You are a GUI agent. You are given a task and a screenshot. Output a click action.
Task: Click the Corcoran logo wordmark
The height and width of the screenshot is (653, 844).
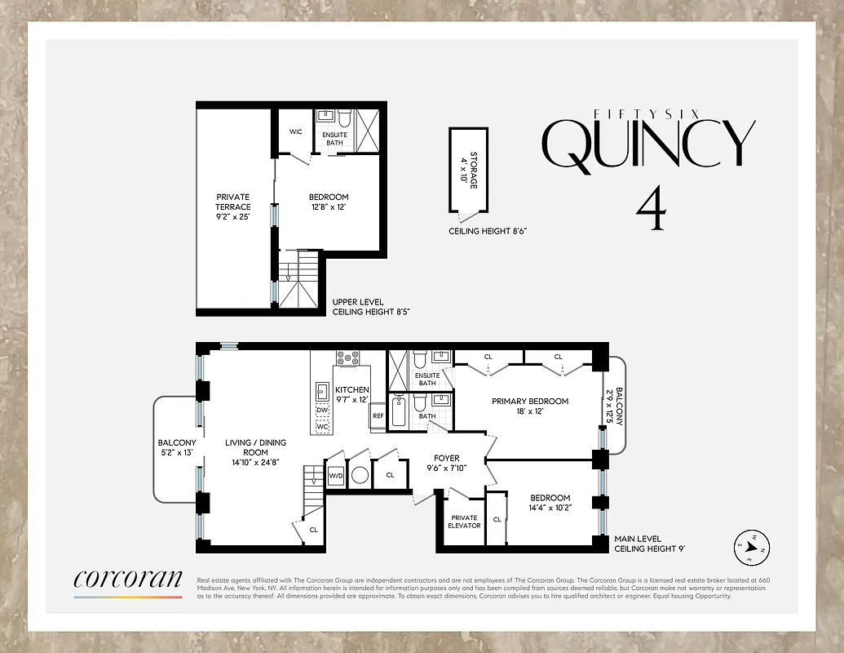click(128, 579)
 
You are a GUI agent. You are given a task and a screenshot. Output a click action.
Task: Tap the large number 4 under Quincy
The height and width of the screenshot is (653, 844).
click(650, 209)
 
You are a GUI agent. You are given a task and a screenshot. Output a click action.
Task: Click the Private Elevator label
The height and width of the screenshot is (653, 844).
click(464, 521)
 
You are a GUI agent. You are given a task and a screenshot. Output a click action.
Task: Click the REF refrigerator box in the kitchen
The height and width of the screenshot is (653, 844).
click(378, 415)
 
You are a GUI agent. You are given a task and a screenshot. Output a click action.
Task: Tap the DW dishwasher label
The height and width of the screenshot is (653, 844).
click(322, 410)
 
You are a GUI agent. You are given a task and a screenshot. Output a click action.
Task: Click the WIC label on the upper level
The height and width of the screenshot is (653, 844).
click(296, 131)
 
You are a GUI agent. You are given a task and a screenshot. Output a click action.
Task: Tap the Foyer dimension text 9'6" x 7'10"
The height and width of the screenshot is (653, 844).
click(446, 469)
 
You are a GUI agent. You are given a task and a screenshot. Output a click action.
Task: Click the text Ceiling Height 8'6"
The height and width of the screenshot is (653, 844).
click(488, 232)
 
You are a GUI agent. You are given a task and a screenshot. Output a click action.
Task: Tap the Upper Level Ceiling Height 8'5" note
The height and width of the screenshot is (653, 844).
click(364, 306)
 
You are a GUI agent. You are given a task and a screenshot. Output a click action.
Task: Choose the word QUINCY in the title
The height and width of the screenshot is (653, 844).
click(649, 145)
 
